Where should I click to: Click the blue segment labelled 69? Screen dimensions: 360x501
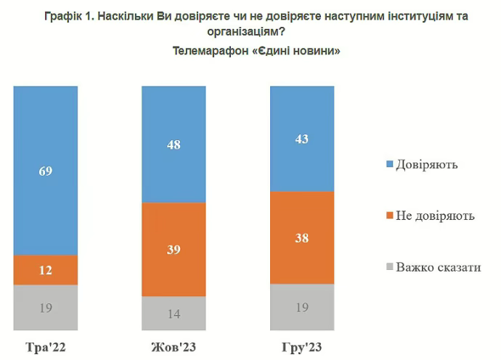(x=46, y=171)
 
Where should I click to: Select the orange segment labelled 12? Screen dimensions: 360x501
(x=46, y=270)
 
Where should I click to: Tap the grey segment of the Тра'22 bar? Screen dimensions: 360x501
(x=46, y=306)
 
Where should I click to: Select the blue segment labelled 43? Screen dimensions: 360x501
(x=301, y=139)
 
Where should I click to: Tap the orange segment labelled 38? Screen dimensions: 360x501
(x=301, y=237)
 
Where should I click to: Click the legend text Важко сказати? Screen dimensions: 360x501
(x=439, y=268)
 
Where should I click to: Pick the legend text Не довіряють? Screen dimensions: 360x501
(x=436, y=216)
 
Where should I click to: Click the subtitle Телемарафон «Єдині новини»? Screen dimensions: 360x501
(x=256, y=52)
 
